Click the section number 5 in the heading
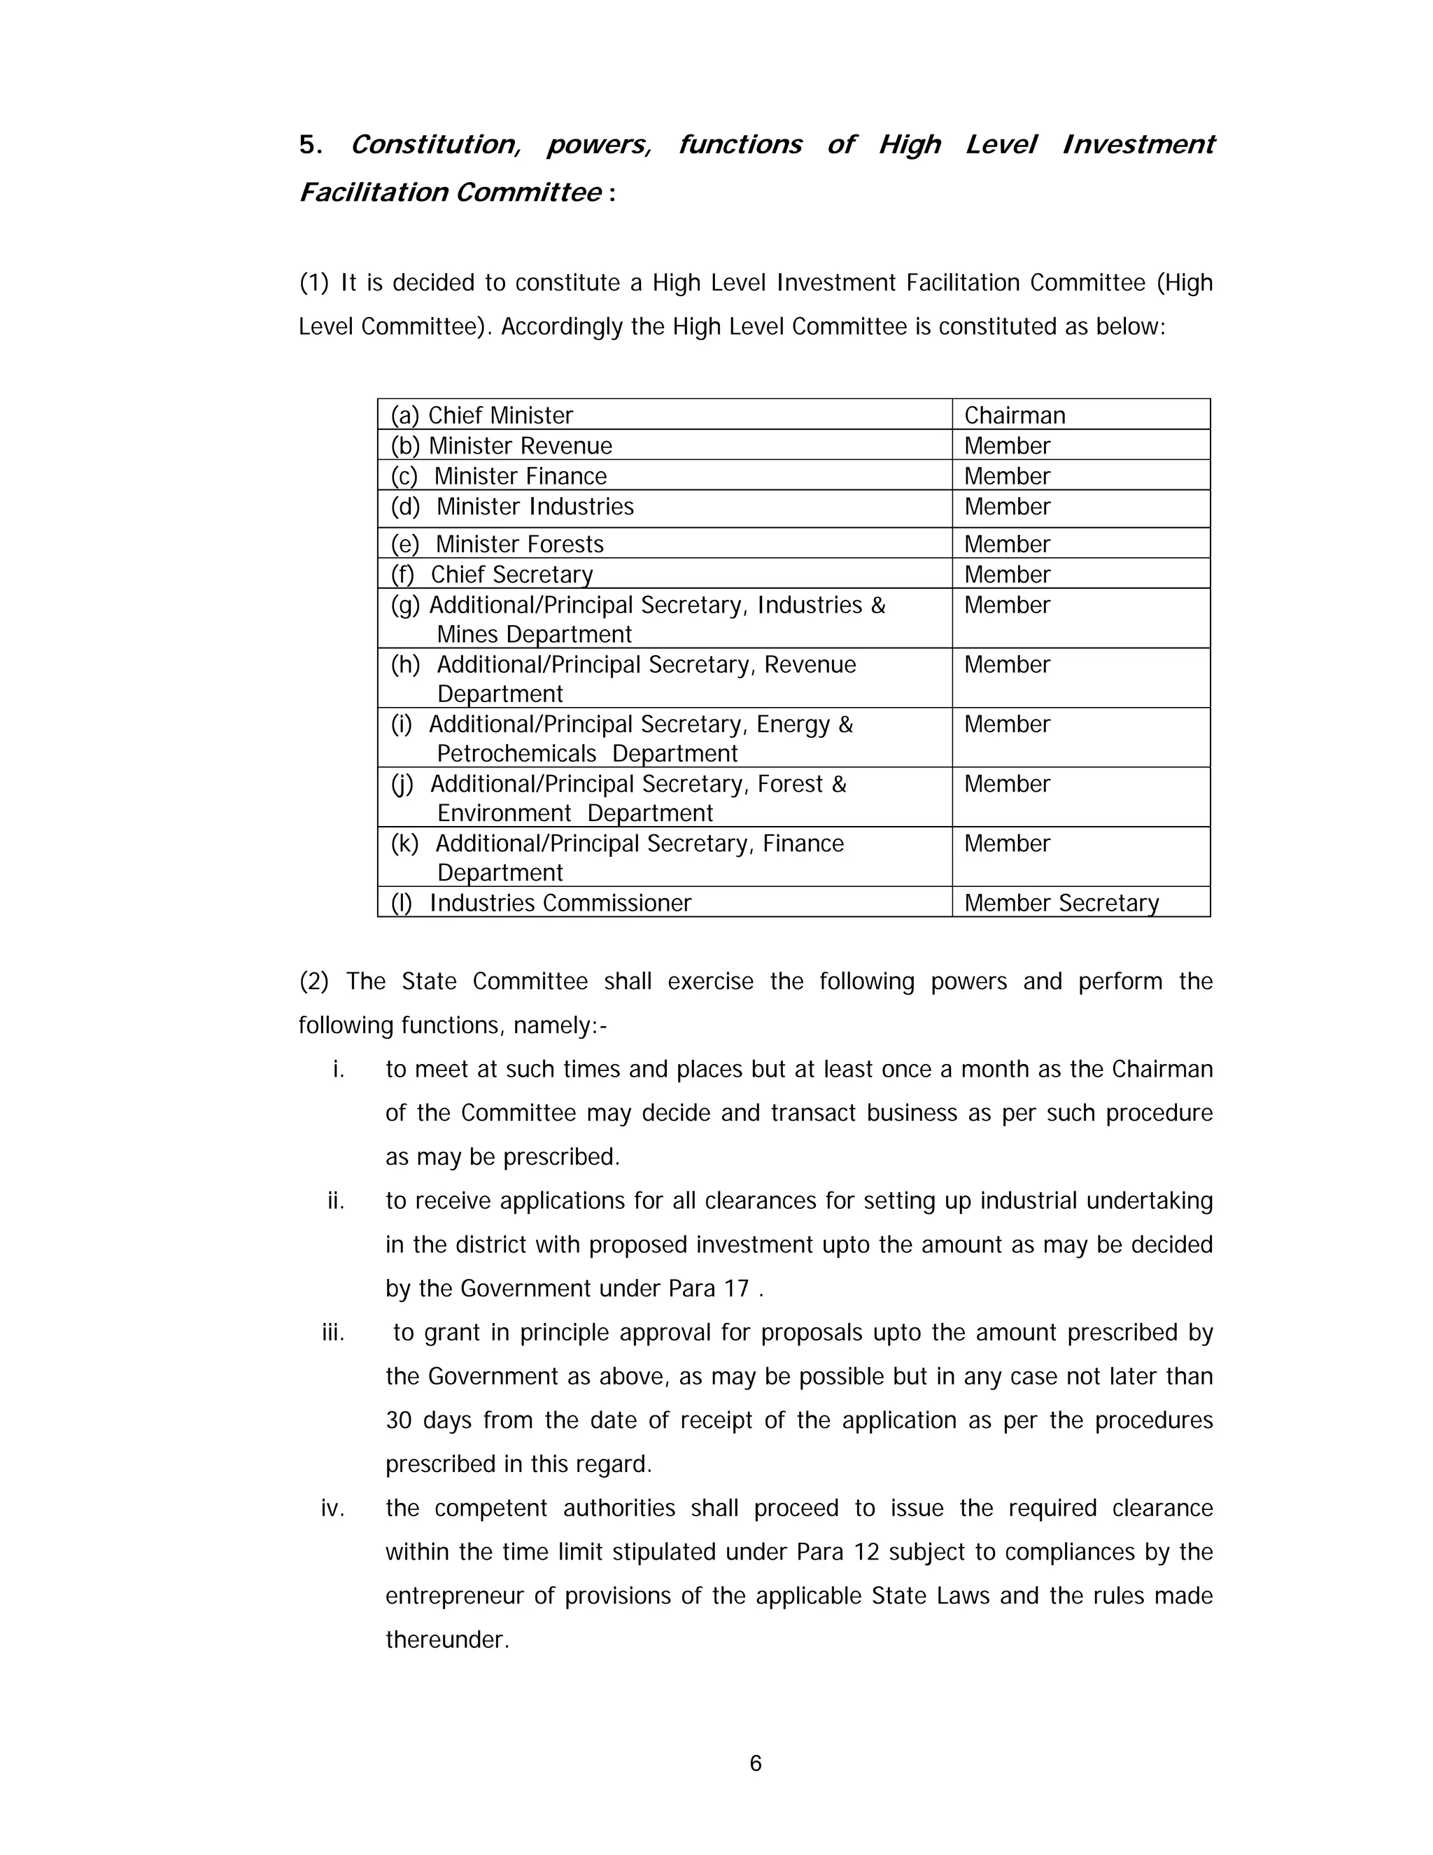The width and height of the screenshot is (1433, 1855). click(x=306, y=145)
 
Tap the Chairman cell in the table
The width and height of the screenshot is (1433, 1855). click(x=1015, y=415)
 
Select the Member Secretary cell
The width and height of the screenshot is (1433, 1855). click(x=1061, y=903)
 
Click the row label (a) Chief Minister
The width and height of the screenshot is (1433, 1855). click(x=481, y=415)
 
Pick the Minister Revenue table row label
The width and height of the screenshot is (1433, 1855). click(x=501, y=446)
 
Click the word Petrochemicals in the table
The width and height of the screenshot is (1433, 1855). click(x=516, y=754)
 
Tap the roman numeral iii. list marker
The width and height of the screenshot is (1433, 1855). click(x=333, y=1333)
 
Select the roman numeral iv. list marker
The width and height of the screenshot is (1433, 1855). click(x=333, y=1508)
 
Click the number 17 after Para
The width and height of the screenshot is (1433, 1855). click(x=736, y=1289)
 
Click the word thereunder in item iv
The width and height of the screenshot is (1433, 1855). click(x=446, y=1640)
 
